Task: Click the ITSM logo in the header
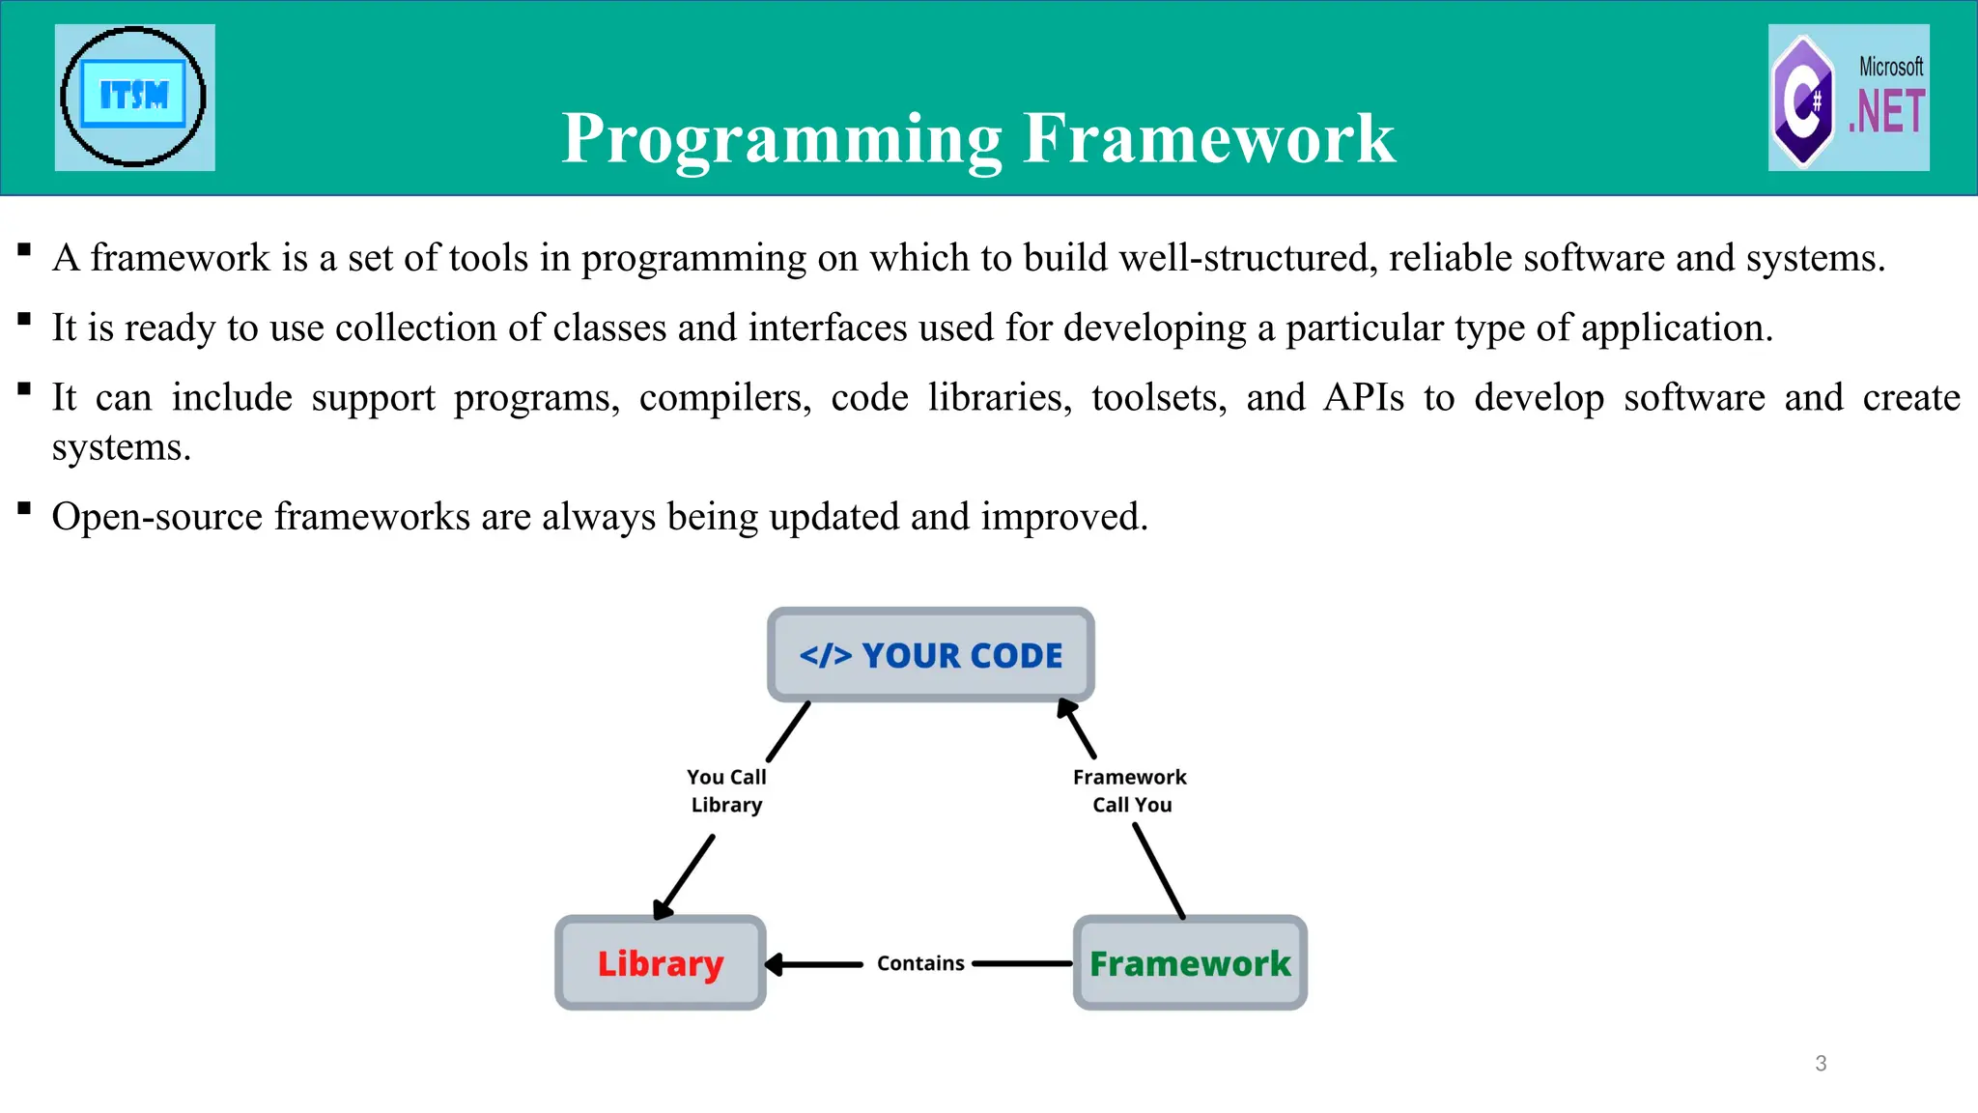(x=134, y=97)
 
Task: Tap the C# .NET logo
(x=1849, y=98)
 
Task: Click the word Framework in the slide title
(x=1209, y=138)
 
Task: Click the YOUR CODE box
(x=931, y=655)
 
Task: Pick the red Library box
(x=661, y=963)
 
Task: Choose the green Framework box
(x=1190, y=963)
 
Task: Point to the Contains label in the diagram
(x=920, y=963)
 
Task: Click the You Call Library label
(x=726, y=790)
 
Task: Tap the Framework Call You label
(x=1130, y=790)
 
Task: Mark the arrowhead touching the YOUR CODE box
(x=1066, y=710)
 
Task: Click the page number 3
(x=1821, y=1064)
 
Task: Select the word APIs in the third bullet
(x=1364, y=397)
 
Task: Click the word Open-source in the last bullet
(x=156, y=517)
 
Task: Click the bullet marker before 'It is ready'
(x=25, y=320)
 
